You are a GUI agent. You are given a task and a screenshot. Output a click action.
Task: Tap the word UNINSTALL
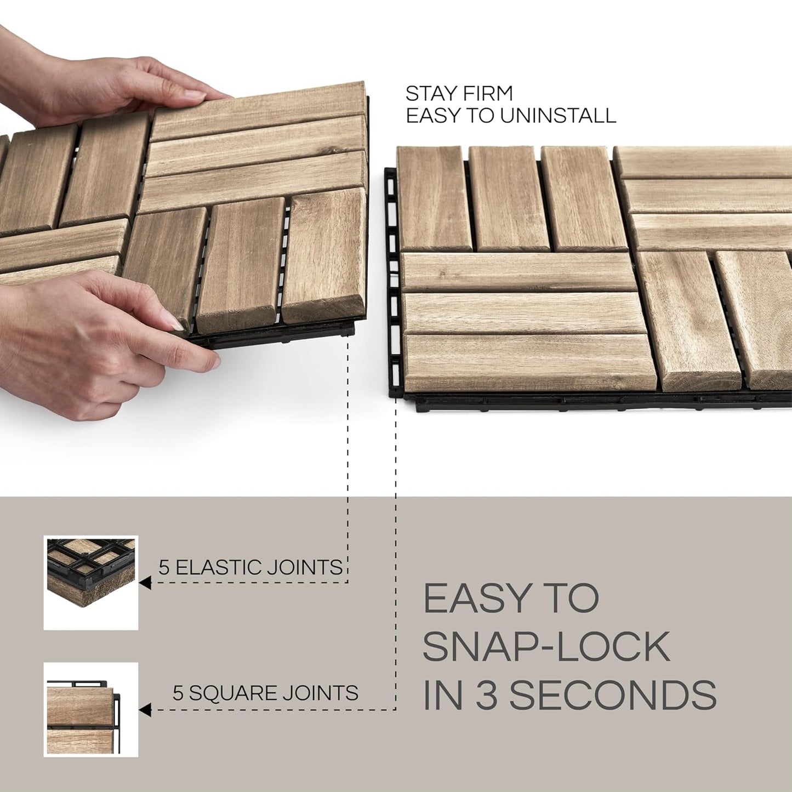(x=558, y=116)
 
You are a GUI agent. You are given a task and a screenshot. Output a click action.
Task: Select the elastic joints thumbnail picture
(x=91, y=583)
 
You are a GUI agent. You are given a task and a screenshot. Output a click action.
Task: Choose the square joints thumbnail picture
(x=91, y=709)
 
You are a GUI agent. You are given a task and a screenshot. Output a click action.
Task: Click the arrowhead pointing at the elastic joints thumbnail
(x=145, y=583)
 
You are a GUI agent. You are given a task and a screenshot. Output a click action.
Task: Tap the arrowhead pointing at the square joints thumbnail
(x=145, y=710)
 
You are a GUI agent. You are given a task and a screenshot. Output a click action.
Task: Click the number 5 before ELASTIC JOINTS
(x=164, y=567)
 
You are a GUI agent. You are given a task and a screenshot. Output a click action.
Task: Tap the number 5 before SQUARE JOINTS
(x=178, y=693)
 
